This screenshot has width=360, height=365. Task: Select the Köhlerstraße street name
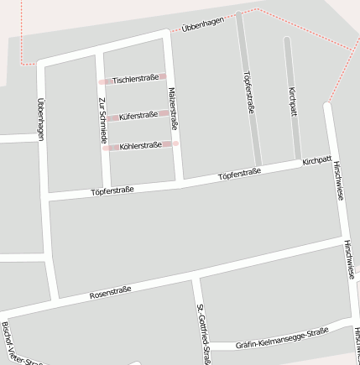click(140, 145)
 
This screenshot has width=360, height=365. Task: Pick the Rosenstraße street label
click(110, 293)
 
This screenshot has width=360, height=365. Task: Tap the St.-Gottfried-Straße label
click(202, 333)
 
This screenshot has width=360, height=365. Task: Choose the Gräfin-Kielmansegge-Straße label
click(281, 338)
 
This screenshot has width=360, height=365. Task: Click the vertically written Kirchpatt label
click(292, 101)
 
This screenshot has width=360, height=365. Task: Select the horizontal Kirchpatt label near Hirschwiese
click(317, 159)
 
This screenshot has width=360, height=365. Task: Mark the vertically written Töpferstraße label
click(248, 92)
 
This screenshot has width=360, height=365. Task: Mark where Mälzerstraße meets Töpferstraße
click(180, 180)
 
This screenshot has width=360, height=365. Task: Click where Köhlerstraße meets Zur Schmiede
click(104, 148)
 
